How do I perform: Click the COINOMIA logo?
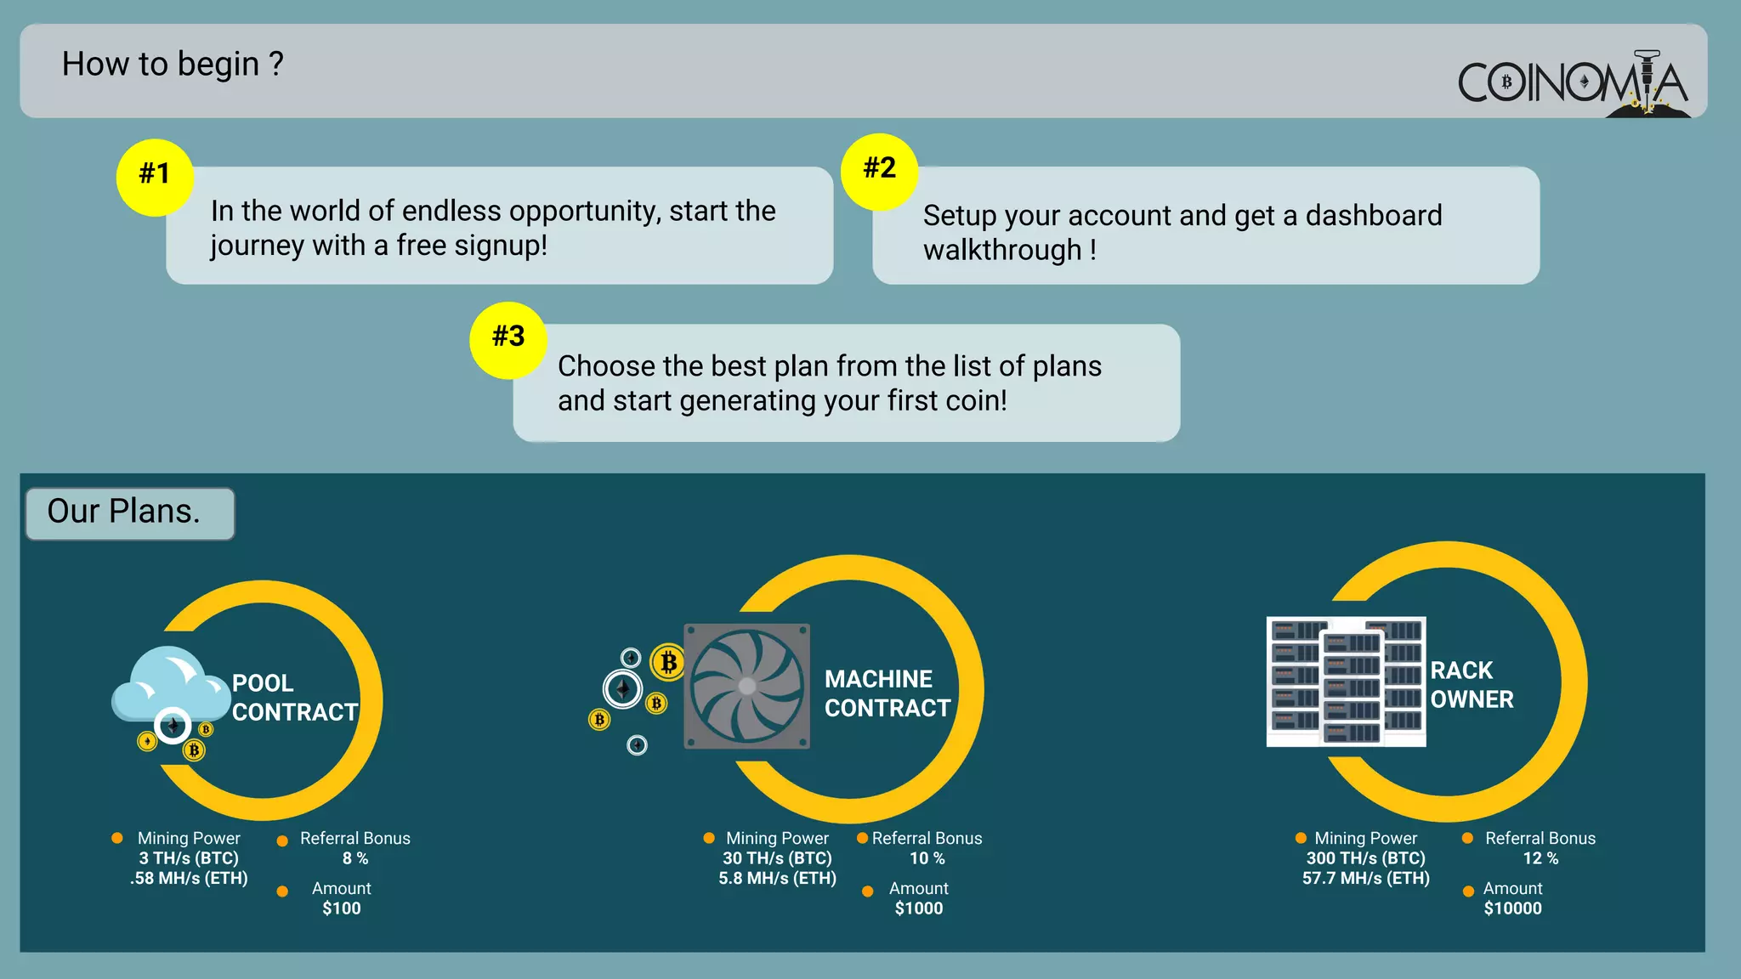coord(1573,83)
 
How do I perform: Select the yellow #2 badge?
coord(879,171)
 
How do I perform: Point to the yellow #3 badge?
coord(508,339)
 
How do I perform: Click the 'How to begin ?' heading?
coord(173,65)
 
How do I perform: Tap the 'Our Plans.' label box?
coord(130,512)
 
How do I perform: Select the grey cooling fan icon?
coord(746,686)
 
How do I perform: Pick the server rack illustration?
coord(1346,682)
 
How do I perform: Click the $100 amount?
coord(342,908)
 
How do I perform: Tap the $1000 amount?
coord(919,908)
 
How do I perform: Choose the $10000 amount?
coord(1512,908)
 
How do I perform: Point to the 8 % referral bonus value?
coord(355,858)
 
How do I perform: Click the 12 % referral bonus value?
coord(1540,858)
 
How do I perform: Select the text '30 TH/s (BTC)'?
coord(777,858)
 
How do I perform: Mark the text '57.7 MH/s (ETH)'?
coord(1365,878)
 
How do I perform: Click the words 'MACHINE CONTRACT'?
coord(887,693)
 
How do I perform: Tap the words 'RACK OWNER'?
coord(1472,685)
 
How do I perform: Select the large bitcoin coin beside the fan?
coord(668,661)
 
